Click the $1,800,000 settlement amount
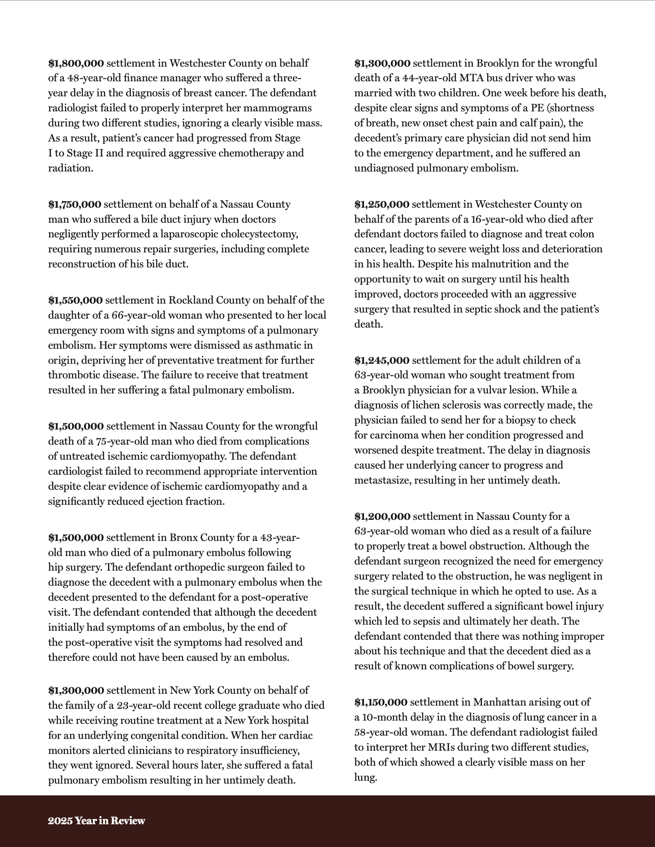76,63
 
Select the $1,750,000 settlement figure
75,204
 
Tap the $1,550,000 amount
75,300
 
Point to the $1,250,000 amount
382,204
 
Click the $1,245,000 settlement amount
382,361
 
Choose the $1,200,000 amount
382,517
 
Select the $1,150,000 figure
381,702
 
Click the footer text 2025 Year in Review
96,821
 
